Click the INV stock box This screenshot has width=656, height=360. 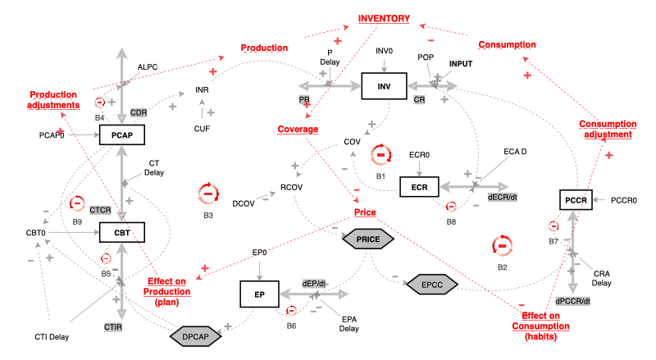tap(384, 86)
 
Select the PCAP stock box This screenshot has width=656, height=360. tap(122, 134)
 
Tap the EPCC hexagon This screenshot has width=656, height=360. tap(431, 284)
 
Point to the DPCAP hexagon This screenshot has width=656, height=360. tap(195, 335)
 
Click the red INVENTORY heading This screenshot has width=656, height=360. tap(384, 18)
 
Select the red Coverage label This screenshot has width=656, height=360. tap(297, 129)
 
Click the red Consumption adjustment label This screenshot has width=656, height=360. tap(606, 129)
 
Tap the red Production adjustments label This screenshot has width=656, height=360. tap(54, 99)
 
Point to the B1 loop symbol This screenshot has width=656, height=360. tap(380, 154)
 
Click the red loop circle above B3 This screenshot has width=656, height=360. tap(208, 194)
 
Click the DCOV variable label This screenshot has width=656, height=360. tap(243, 202)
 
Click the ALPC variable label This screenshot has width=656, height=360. tap(148, 67)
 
